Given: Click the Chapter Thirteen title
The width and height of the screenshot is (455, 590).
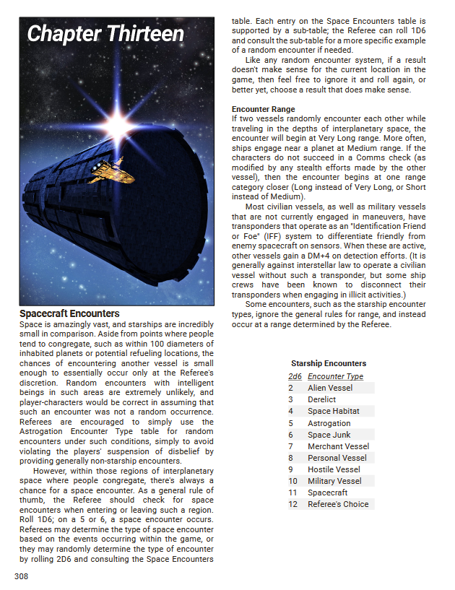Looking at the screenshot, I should pos(105,34).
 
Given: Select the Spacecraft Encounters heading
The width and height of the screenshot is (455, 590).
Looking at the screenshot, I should pos(69,314).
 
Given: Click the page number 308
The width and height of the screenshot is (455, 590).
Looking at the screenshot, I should pos(22,576).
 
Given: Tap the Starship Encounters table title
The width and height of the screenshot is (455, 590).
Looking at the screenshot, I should pos(329,363).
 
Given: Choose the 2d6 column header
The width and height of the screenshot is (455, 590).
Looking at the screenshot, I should pos(295,376).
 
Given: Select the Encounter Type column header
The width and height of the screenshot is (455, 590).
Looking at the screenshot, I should pos(335,376).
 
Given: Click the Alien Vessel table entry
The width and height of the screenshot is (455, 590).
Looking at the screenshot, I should pos(330,388).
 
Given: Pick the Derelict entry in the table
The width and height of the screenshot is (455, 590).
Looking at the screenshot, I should pos(321,399).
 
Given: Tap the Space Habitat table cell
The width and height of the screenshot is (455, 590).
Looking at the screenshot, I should pos(333,411).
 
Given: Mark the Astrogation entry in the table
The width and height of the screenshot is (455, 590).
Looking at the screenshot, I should pos(329,423).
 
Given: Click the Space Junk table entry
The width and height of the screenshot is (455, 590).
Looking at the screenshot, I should pos(329,435).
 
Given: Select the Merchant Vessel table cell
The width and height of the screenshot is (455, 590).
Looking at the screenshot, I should pos(338,446).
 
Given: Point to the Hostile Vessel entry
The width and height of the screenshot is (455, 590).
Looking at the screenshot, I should pos(334,469).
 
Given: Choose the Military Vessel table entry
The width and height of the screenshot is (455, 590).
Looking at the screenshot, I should pos(334,481).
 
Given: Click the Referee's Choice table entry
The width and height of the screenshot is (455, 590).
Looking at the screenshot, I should pos(338,504).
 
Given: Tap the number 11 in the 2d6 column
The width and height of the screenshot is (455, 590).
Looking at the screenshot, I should pos(292,493).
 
